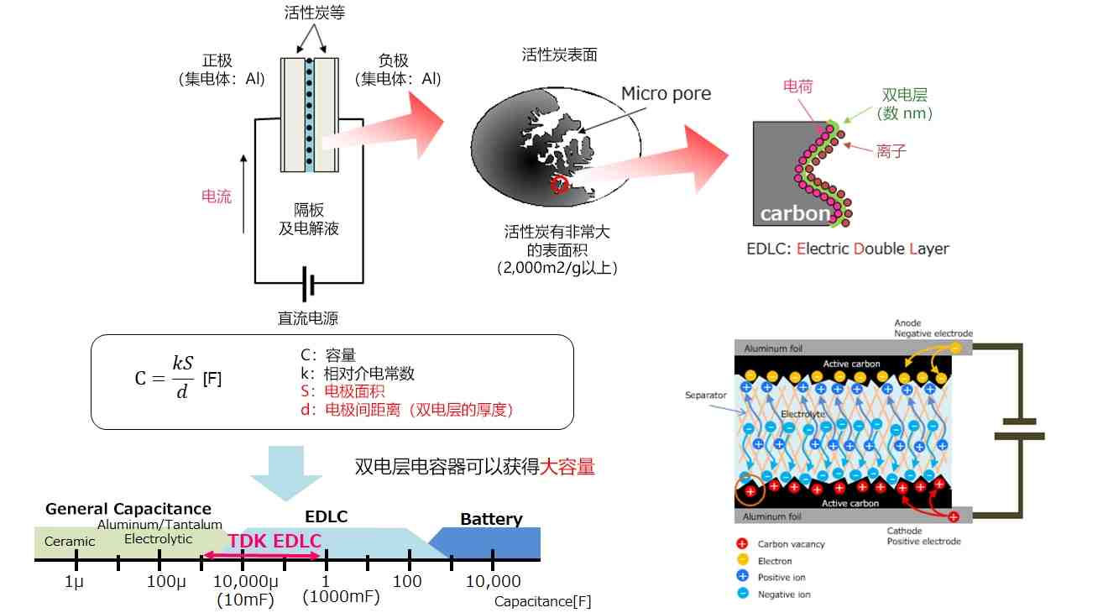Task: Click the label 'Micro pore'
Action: click(666, 93)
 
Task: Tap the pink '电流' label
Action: click(217, 196)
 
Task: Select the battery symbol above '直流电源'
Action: click(309, 284)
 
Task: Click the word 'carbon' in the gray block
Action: click(795, 213)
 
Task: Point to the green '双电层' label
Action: click(905, 94)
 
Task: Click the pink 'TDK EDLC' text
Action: click(274, 541)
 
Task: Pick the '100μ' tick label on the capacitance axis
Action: click(166, 581)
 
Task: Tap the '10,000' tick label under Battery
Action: click(493, 581)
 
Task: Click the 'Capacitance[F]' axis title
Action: click(542, 602)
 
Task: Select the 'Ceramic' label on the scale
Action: click(70, 541)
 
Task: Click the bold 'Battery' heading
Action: click(491, 519)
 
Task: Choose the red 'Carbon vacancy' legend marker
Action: click(742, 543)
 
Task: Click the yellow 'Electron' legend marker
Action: click(743, 560)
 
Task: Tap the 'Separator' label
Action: click(706, 396)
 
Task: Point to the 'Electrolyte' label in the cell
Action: click(803, 414)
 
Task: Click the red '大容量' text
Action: click(567, 467)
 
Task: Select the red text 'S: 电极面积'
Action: click(342, 391)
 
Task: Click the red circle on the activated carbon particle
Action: click(559, 185)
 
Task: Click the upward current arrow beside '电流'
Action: click(243, 194)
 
